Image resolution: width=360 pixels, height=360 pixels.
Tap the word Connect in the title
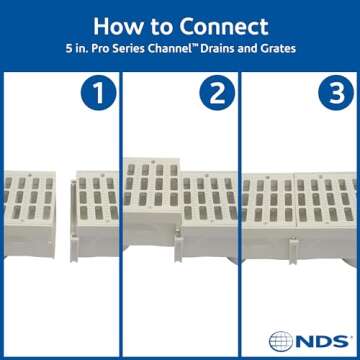point(221,23)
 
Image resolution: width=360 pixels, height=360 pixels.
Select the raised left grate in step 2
point(149,180)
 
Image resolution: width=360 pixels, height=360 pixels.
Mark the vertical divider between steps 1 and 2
point(120,200)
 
